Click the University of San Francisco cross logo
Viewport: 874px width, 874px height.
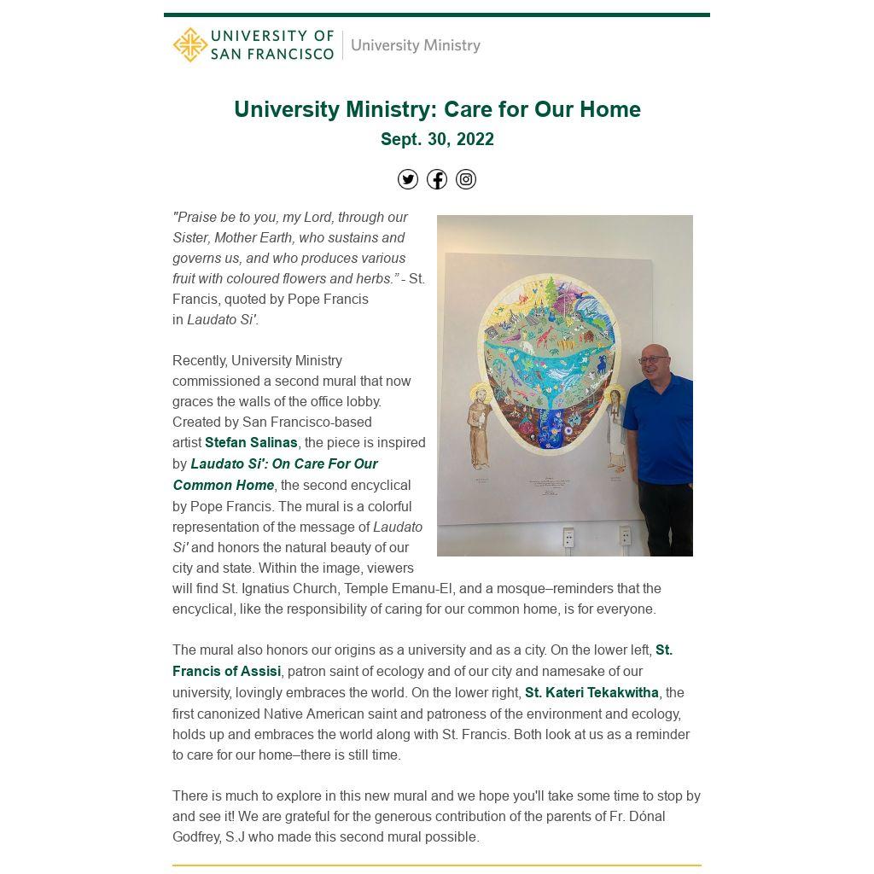pyautogui.click(x=189, y=45)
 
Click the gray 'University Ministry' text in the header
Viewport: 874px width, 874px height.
pyautogui.click(x=415, y=45)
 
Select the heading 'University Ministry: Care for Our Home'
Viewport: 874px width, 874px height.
pyautogui.click(x=437, y=110)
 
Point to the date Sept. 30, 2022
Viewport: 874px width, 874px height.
pyautogui.click(x=437, y=139)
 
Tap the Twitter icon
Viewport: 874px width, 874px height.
pyautogui.click(x=408, y=179)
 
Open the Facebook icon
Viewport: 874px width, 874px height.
pyautogui.click(x=437, y=179)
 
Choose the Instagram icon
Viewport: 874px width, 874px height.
pyautogui.click(x=466, y=179)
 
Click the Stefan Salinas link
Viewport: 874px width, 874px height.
pyautogui.click(x=251, y=443)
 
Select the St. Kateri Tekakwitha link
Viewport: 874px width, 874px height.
pyautogui.click(x=591, y=693)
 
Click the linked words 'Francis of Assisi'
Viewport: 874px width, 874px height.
pyautogui.click(x=226, y=672)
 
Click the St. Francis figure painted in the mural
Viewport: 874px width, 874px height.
pyautogui.click(x=480, y=427)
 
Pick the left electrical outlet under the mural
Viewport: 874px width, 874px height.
pyautogui.click(x=568, y=538)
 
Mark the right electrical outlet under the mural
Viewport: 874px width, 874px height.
pyautogui.click(x=625, y=536)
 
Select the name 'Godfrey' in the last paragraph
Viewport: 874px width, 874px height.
pyautogui.click(x=197, y=837)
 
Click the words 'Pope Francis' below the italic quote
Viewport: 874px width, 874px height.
pyautogui.click(x=328, y=300)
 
